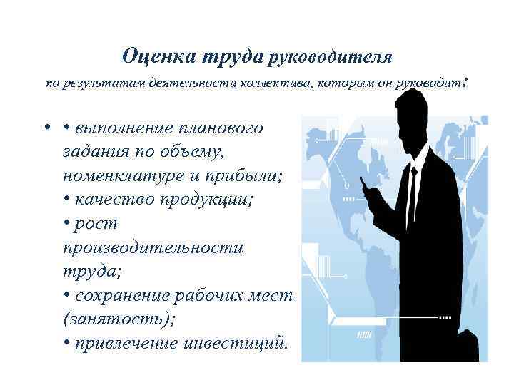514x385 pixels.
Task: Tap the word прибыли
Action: point(248,175)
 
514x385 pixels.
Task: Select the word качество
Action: point(115,200)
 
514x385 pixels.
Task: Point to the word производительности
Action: point(153,247)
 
